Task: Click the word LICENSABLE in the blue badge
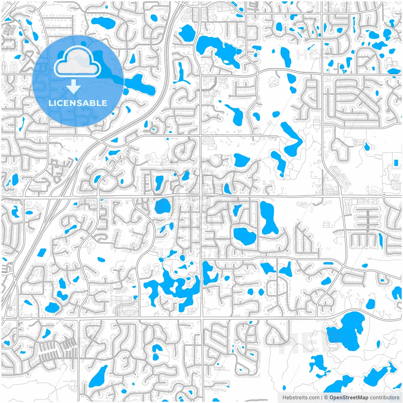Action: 78,103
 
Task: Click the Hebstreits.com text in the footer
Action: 301,398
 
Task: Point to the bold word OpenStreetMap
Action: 349,398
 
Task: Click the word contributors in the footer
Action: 384,398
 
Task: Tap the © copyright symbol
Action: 326,398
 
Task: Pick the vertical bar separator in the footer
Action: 322,398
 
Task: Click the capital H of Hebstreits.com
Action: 284,398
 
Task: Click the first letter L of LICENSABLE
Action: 50,103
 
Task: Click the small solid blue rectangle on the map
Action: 395,162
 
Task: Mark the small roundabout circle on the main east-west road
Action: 384,196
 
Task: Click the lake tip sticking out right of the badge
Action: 142,85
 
